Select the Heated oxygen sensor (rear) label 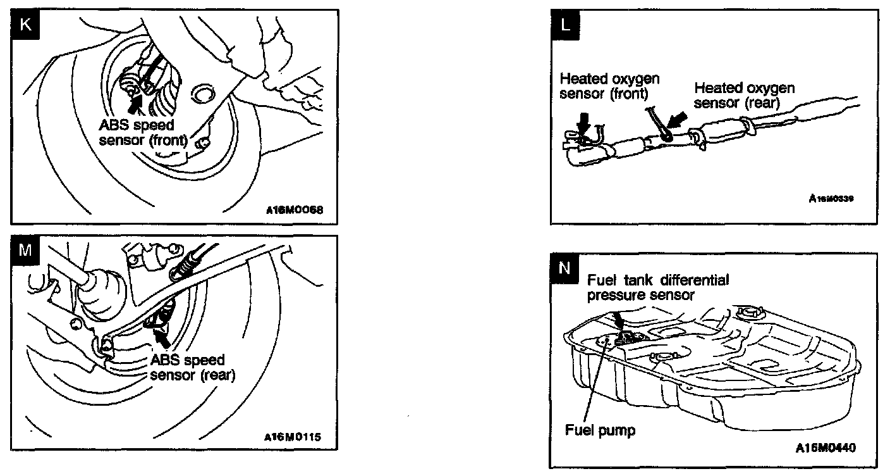click(744, 95)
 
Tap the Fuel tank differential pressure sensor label click(658, 287)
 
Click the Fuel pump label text click(600, 430)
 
